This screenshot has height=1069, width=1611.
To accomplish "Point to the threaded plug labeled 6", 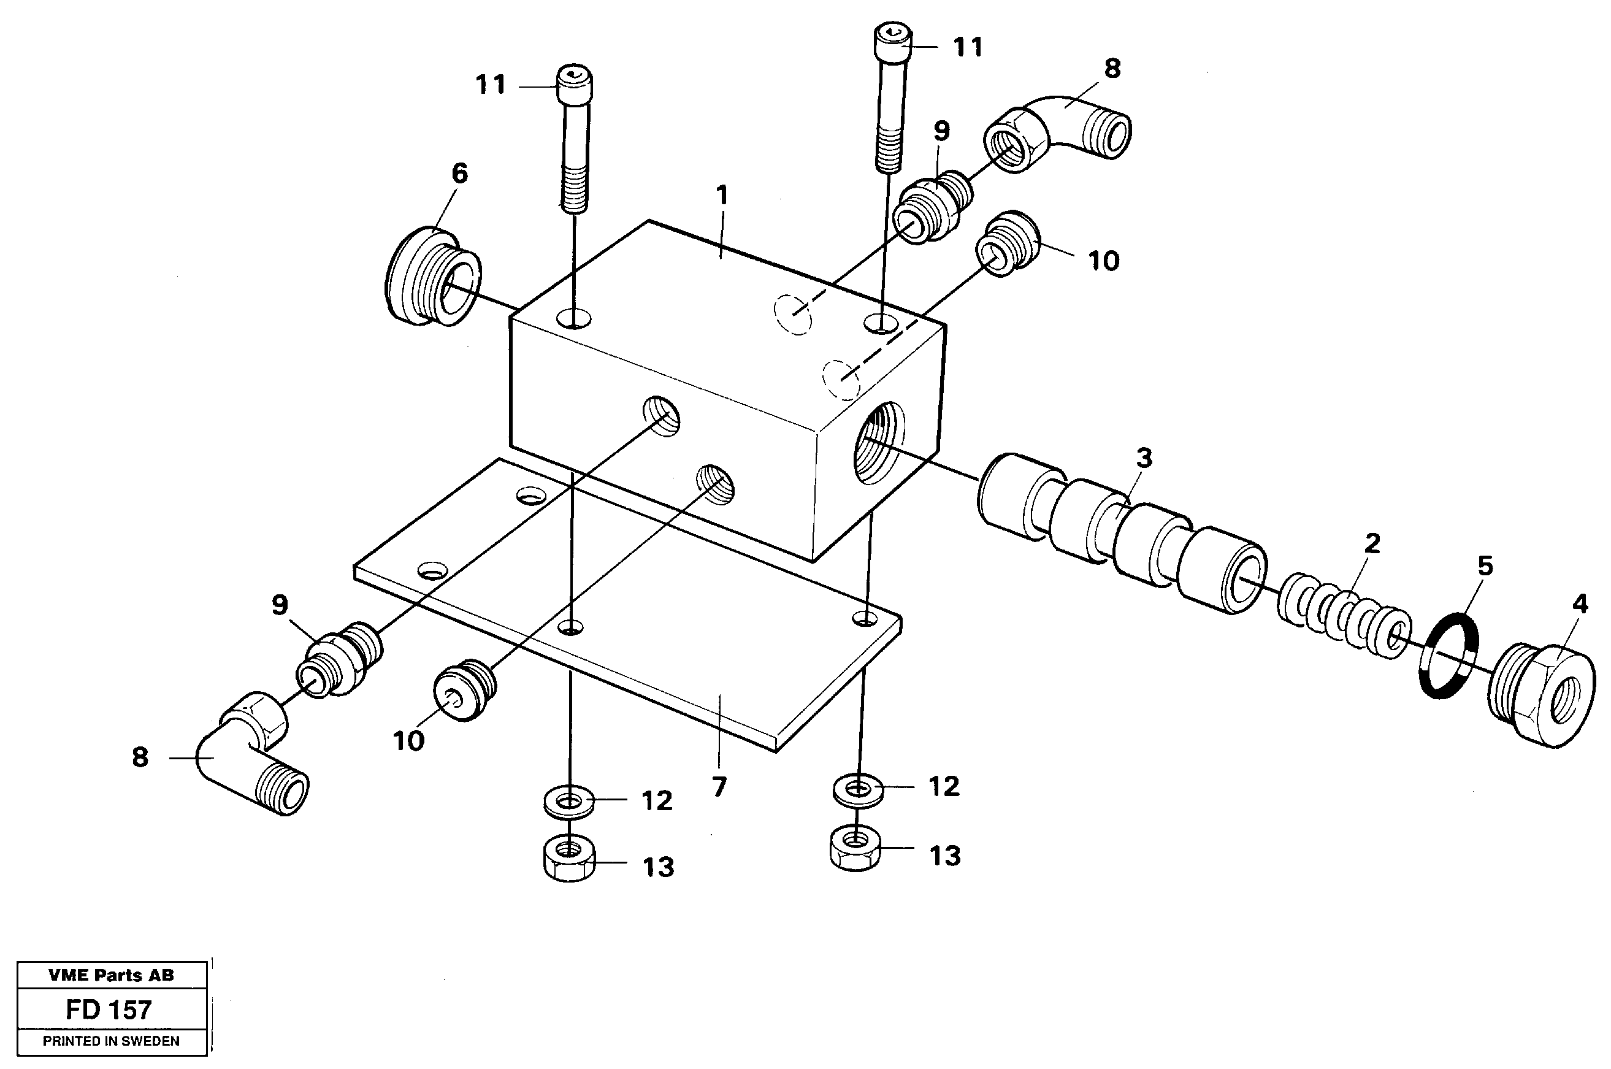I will point(432,276).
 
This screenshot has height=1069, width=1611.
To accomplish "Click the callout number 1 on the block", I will point(722,196).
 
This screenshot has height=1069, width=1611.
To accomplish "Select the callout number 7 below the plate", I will point(719,787).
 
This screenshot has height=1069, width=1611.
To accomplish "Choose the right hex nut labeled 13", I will point(855,849).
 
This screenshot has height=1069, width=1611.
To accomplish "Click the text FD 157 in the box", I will point(109,1009).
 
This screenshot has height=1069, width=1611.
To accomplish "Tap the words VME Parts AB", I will point(111,975).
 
